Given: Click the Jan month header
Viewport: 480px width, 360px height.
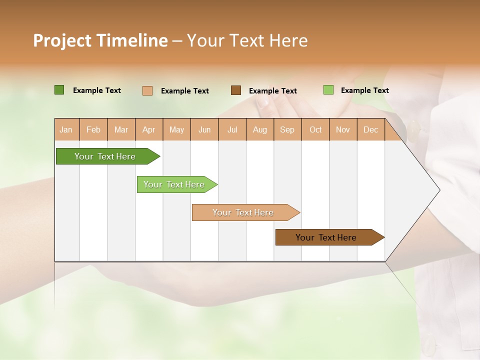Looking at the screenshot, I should pos(66,129).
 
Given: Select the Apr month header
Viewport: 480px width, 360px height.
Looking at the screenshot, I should pos(149,129).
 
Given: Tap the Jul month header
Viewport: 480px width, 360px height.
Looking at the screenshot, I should pos(232,129).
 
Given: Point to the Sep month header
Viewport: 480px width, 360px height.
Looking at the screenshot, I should pos(287,129).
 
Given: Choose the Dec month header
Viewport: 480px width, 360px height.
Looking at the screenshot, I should pos(370,129).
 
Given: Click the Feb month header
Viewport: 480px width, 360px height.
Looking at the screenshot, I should pos(93,129).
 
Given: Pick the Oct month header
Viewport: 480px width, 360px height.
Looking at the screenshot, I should pos(315,129).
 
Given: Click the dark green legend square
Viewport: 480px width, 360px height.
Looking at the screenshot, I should pos(59,90).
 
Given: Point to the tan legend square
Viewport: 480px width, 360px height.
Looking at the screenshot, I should pos(147,90).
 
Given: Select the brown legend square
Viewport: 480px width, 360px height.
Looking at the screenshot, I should pos(236,90).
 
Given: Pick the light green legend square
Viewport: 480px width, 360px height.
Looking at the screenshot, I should pos(328,90).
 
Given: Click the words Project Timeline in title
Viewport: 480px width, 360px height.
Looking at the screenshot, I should pos(100,40).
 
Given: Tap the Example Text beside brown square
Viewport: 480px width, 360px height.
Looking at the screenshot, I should pos(272,91).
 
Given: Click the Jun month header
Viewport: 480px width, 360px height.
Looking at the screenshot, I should pos(204,129).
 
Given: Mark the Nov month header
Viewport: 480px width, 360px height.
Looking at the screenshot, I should pos(343,129).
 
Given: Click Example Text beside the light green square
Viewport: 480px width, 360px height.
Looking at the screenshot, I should pos(364,90).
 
